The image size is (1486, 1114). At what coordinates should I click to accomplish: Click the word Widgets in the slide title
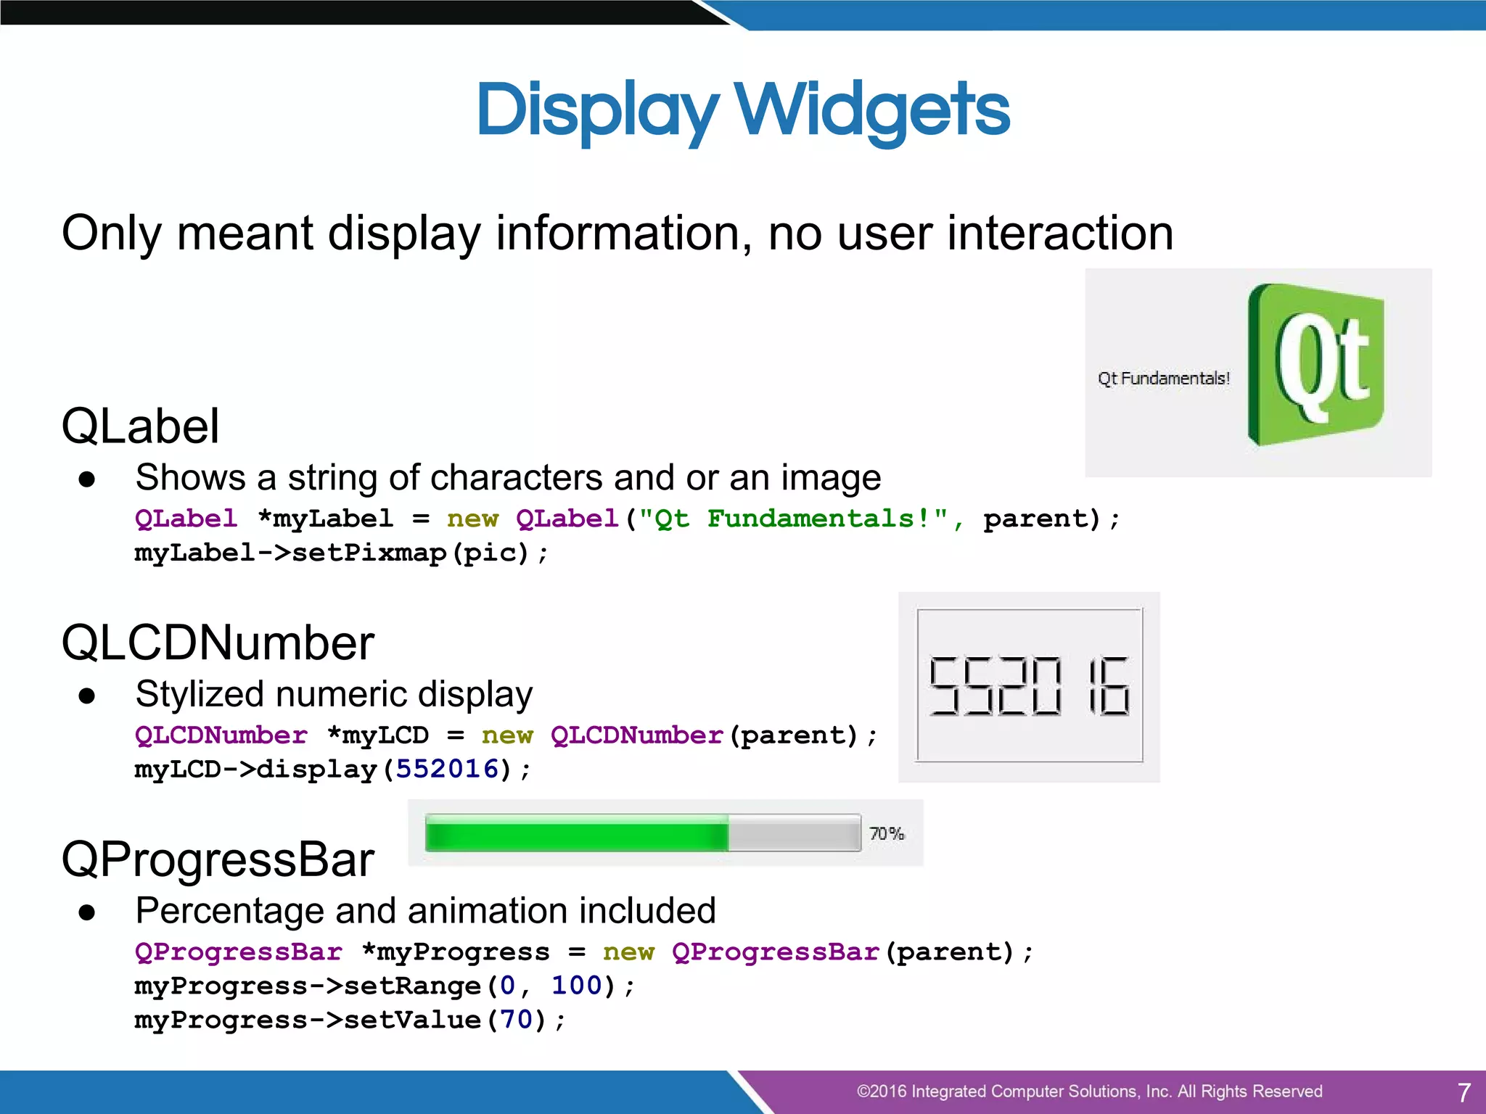coord(872,110)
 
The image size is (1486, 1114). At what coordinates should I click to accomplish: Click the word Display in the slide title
coord(596,110)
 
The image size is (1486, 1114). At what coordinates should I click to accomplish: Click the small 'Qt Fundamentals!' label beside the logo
coord(1163,379)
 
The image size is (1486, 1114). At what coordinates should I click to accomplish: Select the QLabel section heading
coord(140,426)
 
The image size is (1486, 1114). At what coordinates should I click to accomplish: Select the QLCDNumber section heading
coord(218,643)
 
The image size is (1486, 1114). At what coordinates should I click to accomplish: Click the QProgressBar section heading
coord(218,859)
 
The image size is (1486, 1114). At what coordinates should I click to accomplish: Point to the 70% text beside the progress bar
coord(887,833)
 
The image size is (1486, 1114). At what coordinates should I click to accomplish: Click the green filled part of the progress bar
coord(577,833)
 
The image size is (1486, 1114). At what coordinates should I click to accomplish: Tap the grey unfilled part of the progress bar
coord(794,833)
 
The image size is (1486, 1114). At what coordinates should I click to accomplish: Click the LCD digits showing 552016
coord(1029,686)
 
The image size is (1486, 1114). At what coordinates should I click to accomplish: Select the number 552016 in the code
coord(447,769)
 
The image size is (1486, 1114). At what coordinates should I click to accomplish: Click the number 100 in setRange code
coord(577,986)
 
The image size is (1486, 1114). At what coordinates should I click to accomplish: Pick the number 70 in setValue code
coord(516,1020)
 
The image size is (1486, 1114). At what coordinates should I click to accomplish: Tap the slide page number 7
coord(1464,1092)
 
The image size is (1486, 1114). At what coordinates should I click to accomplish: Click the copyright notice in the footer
coord(1089,1092)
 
